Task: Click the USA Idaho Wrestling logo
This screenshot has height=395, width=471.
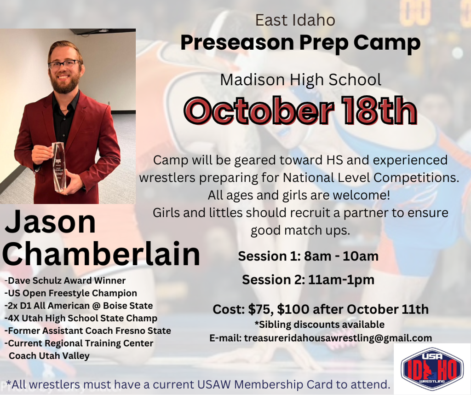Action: pos(432,369)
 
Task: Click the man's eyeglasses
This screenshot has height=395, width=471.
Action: pos(64,64)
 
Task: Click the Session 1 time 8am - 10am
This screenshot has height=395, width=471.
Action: pos(341,256)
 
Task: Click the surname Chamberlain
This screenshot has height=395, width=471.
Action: pos(101,253)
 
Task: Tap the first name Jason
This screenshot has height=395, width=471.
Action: pos(50,221)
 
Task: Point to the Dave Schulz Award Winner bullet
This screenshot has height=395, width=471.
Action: pos(65,280)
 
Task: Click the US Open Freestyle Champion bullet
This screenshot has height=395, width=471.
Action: pos(70,293)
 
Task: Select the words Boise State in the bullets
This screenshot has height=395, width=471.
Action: pos(128,306)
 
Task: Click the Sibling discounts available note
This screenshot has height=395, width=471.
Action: pos(319,325)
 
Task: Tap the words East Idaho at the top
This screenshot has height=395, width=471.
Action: pos(295,20)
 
